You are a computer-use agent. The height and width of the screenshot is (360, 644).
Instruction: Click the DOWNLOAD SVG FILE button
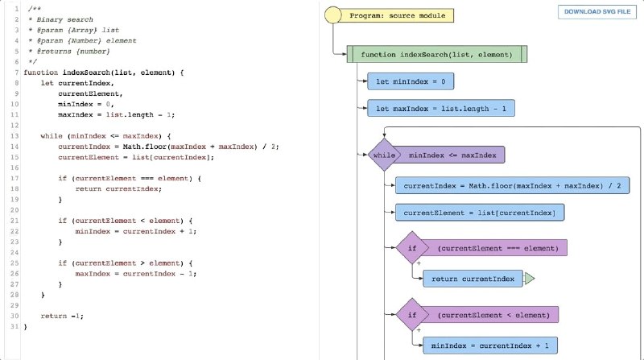(x=597, y=12)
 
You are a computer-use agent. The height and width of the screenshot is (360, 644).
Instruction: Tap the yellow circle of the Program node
(x=332, y=15)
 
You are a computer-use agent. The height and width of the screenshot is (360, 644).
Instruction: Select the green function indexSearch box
(x=436, y=54)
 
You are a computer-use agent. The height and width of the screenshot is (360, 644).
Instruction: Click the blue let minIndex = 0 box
(x=411, y=81)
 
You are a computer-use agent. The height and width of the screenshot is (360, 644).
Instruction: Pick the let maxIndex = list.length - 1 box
(x=440, y=109)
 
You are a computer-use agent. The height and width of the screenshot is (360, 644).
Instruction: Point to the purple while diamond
(x=384, y=155)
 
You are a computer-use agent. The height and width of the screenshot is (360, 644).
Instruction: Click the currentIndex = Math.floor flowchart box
(x=512, y=186)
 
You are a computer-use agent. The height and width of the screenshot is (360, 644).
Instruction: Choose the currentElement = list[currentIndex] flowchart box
(x=479, y=213)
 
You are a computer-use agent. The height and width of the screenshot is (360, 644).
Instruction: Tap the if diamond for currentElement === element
(x=412, y=248)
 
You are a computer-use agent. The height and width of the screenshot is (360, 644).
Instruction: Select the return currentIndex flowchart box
(x=473, y=279)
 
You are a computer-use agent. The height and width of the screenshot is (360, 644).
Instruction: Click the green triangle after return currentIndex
(x=529, y=279)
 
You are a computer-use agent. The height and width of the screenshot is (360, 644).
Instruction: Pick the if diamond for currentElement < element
(x=412, y=315)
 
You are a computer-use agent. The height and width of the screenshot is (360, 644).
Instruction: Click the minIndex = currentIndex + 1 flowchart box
(x=490, y=346)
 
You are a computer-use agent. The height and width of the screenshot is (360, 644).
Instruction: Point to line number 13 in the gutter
(x=14, y=136)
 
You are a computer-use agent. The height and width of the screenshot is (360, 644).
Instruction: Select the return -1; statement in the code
(x=62, y=316)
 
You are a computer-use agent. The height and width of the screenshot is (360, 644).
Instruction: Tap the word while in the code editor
(x=52, y=136)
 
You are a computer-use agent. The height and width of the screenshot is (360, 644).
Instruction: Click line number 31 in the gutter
(x=14, y=327)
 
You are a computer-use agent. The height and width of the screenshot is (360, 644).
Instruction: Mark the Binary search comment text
(x=65, y=19)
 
